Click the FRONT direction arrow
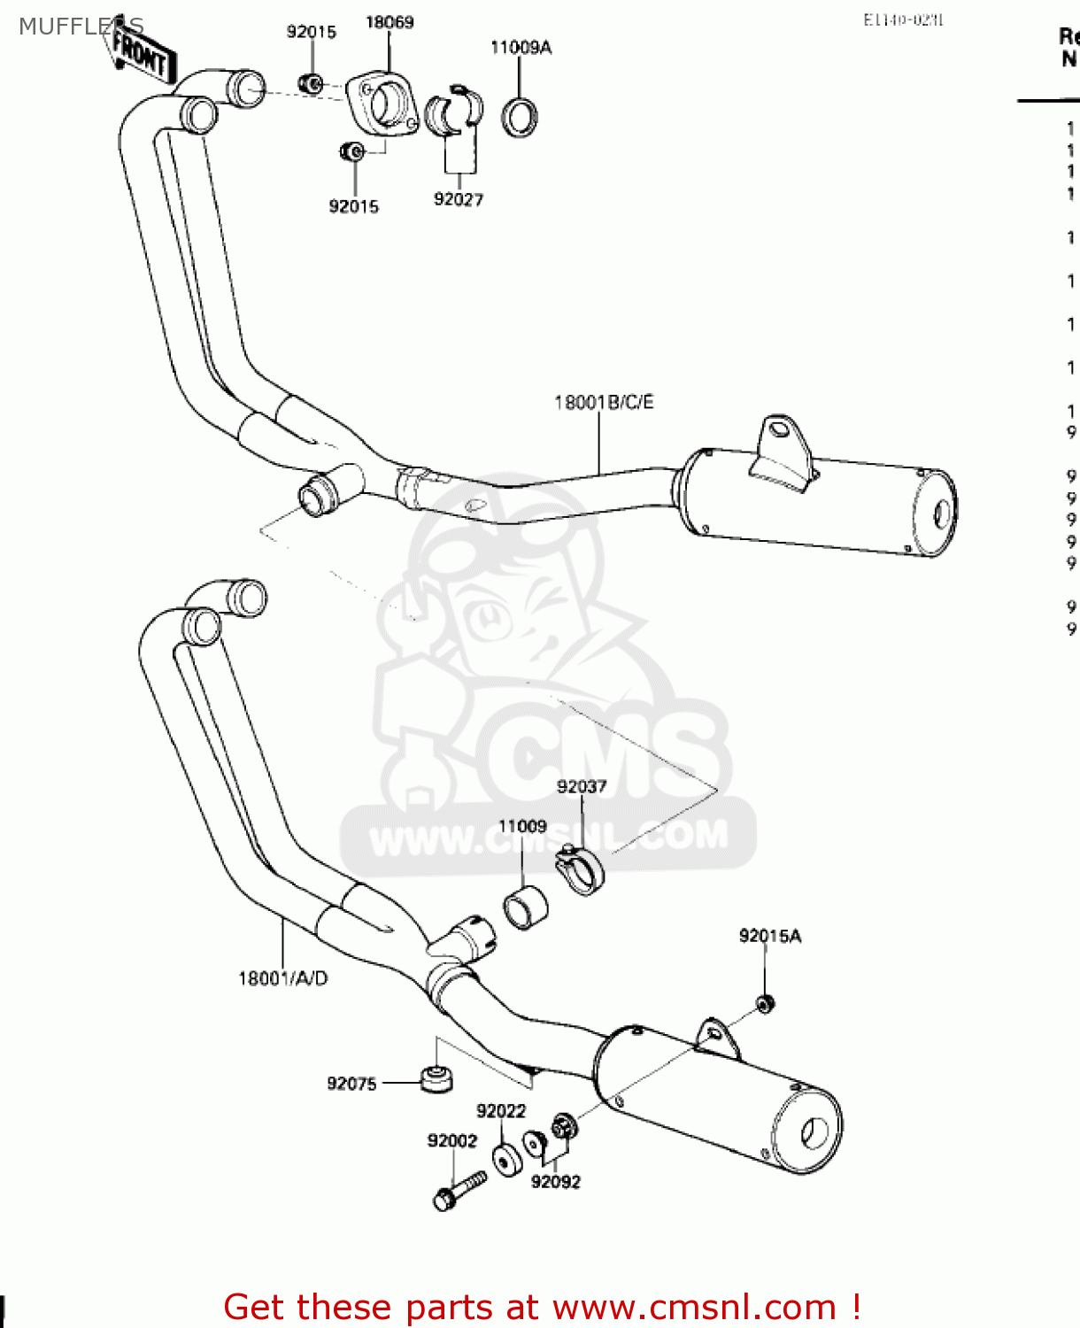click(x=142, y=55)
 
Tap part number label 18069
click(x=390, y=22)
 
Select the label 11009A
click(x=521, y=48)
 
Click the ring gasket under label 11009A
click(x=520, y=118)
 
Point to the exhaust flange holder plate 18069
click(x=382, y=105)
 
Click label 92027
click(x=458, y=199)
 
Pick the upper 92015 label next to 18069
click(x=312, y=32)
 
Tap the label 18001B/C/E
click(x=604, y=403)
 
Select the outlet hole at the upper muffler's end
click(x=942, y=514)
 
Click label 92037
click(x=582, y=786)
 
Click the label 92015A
click(x=769, y=936)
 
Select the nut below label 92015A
click(x=765, y=1004)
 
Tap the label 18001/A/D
click(x=282, y=978)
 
